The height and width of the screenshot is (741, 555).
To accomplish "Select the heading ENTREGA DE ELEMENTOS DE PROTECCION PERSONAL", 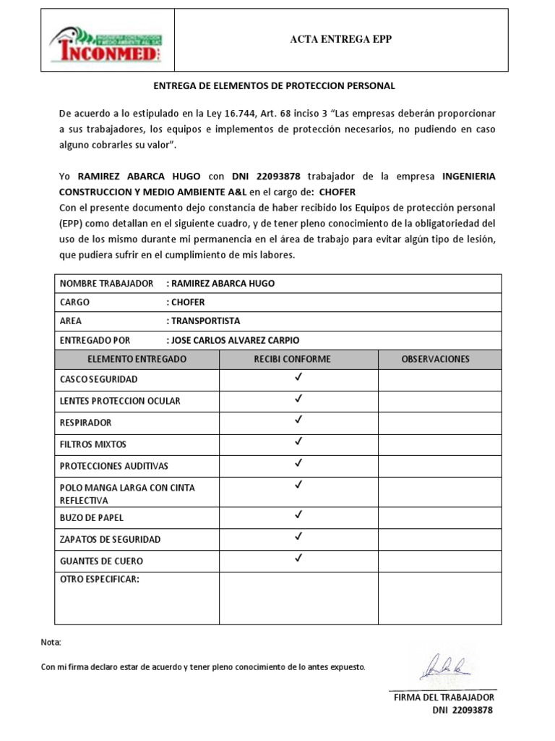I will click(x=275, y=86).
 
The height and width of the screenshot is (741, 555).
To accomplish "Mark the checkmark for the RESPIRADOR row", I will click(x=298, y=420).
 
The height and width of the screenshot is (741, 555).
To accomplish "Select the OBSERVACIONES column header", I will click(x=435, y=359).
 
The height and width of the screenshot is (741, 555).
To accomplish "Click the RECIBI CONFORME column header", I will click(x=292, y=359).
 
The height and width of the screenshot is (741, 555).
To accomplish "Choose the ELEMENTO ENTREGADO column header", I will click(x=137, y=359).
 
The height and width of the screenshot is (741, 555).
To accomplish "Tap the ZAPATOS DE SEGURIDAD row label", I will click(x=110, y=539).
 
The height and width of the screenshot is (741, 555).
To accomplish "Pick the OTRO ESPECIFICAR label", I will click(x=99, y=579).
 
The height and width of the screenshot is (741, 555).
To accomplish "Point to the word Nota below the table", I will click(x=51, y=643).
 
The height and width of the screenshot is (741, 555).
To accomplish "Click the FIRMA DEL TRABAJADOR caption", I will click(x=443, y=697).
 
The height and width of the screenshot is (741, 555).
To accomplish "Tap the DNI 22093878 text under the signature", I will click(x=462, y=711).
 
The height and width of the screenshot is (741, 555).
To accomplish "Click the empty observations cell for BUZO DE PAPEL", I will click(x=439, y=517).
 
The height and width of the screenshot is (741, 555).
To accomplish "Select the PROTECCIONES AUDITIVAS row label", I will click(x=113, y=466).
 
